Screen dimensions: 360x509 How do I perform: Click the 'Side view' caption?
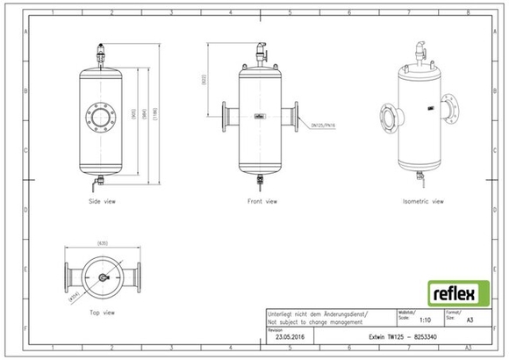point(104,201)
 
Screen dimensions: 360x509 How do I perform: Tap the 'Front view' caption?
point(261,201)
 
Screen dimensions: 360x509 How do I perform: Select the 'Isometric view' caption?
point(423,201)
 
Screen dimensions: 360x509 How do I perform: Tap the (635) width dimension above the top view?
point(103,243)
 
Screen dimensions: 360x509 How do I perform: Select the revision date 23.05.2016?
point(290,335)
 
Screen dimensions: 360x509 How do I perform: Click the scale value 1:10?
point(425,322)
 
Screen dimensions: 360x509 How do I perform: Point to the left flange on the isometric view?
point(387,118)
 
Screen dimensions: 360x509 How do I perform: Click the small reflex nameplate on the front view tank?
point(260,115)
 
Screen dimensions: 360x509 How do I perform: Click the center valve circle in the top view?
point(103,277)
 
